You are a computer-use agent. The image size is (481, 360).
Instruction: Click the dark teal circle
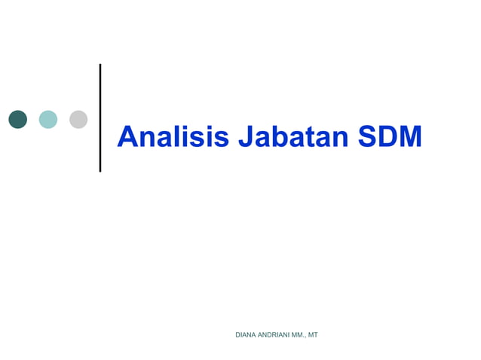(18, 119)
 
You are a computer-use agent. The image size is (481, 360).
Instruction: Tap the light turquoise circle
(48, 119)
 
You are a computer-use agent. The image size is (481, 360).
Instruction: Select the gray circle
(78, 119)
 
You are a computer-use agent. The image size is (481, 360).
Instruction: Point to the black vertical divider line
(100, 118)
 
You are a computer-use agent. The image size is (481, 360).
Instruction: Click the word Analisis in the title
(173, 137)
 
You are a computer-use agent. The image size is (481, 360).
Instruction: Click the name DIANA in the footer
(247, 334)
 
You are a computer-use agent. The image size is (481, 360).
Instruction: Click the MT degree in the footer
(312, 334)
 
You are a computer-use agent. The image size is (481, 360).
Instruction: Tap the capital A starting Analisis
(128, 137)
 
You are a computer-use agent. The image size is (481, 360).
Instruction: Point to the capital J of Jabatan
(246, 137)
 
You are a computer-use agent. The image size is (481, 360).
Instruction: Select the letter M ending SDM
(410, 137)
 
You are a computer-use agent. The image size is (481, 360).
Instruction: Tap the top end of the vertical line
(100, 66)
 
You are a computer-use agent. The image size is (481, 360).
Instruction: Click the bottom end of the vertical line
(100, 169)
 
